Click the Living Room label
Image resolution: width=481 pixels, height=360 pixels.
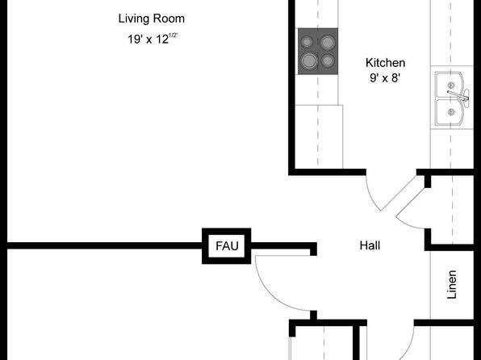(152, 19)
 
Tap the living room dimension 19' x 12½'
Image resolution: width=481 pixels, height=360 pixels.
(153, 39)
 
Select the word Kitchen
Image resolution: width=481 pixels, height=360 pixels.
(385, 63)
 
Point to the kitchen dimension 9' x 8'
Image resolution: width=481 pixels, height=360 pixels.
(385, 77)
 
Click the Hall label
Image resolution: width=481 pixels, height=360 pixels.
(370, 245)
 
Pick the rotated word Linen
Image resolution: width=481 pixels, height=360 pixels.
(452, 284)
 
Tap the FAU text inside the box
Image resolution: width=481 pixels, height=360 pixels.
(227, 246)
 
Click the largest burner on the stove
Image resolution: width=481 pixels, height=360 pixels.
(309, 61)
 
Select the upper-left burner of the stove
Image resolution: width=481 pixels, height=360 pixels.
(307, 42)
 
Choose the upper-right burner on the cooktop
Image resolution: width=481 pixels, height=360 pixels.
(328, 42)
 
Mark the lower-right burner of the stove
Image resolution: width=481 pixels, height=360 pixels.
(328, 61)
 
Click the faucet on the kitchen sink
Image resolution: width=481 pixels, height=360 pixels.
(458, 96)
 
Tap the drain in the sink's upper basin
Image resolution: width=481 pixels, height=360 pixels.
(451, 85)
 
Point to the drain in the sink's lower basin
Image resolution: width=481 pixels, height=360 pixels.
(451, 112)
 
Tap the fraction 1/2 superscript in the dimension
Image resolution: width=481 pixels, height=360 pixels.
(174, 36)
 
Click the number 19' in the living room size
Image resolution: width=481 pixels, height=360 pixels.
(135, 40)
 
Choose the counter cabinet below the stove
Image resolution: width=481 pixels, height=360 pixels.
(319, 136)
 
